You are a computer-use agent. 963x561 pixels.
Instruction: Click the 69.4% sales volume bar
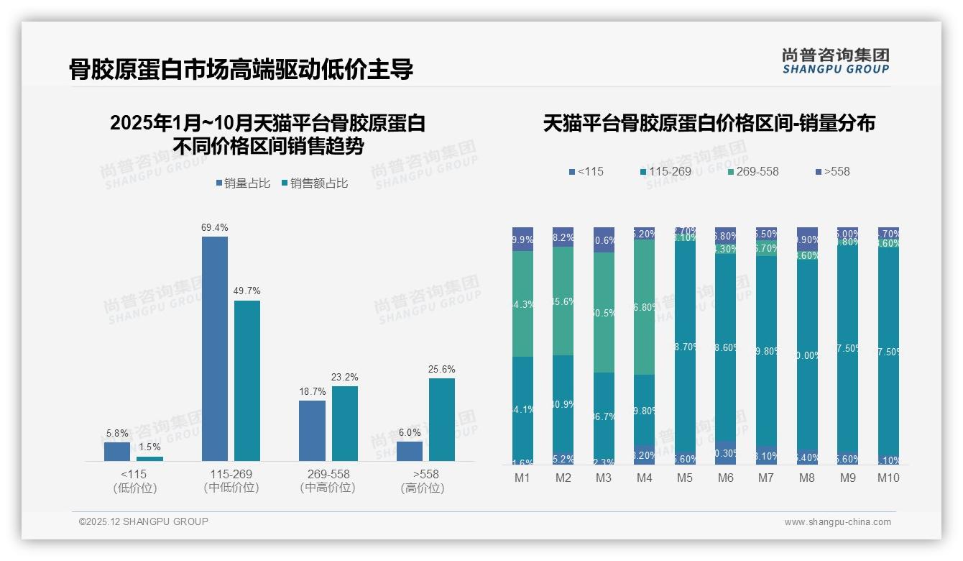tap(214, 349)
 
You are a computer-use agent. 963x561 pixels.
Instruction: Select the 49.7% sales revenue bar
tap(247, 380)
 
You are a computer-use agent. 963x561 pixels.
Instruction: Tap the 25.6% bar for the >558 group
tap(442, 419)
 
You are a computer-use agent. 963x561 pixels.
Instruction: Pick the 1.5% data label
tap(150, 447)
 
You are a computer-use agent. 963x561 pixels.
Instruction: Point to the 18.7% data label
tap(312, 392)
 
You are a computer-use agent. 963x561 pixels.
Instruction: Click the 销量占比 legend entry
tap(243, 183)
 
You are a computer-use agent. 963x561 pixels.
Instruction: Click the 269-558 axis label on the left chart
tap(328, 475)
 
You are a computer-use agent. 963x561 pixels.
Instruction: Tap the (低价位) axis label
tap(134, 488)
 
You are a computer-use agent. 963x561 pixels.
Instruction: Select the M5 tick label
tap(685, 478)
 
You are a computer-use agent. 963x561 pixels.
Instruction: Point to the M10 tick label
tap(888, 478)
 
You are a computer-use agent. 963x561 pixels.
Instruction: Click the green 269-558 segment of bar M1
tap(522, 304)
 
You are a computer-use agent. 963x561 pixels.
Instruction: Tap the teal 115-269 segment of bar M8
tap(807, 355)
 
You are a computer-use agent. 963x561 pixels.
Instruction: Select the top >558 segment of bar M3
tap(604, 240)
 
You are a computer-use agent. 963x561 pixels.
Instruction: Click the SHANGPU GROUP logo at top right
tap(835, 61)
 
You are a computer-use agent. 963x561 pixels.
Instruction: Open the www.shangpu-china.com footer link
tap(837, 522)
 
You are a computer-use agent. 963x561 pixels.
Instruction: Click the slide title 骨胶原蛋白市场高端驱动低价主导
tap(241, 70)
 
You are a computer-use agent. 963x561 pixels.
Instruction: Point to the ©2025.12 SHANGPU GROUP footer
tap(144, 522)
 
